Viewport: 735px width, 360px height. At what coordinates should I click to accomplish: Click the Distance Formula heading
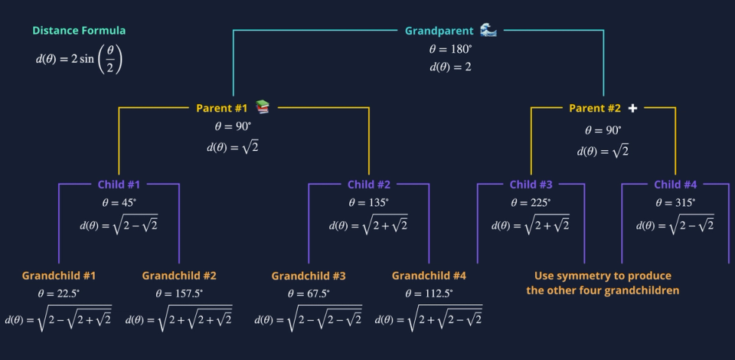coord(79,31)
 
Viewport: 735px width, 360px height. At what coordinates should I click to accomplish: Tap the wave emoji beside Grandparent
coord(488,31)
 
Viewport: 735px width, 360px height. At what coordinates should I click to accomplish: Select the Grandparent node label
coord(439,31)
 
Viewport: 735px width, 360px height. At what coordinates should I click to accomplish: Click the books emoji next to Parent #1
coord(263,107)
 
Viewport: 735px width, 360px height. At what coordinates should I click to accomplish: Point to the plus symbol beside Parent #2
coord(632,108)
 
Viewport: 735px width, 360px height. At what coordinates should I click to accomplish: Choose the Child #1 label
coord(119,185)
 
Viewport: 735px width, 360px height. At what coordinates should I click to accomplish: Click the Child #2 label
coord(369,185)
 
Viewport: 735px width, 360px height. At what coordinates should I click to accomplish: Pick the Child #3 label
coord(531,185)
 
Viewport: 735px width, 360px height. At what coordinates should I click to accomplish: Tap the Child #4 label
coord(675,185)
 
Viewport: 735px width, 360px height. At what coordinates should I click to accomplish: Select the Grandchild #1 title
coord(59,276)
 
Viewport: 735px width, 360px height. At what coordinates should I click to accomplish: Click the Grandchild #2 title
coord(179,276)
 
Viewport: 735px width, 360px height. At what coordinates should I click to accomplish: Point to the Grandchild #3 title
coord(309,276)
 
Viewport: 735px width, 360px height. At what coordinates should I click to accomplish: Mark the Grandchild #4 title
coord(429,276)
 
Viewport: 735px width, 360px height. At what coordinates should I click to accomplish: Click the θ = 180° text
coord(450,50)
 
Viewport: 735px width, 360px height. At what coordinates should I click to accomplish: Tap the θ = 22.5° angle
coord(59,293)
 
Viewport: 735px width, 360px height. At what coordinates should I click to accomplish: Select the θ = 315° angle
coord(675,203)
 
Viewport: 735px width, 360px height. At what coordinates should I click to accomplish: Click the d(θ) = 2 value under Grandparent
coord(450,67)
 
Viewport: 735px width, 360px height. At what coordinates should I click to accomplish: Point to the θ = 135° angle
coord(369,203)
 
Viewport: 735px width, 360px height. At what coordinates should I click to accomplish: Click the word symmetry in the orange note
coord(583,276)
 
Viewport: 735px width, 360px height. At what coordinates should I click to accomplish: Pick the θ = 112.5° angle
coord(429,293)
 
